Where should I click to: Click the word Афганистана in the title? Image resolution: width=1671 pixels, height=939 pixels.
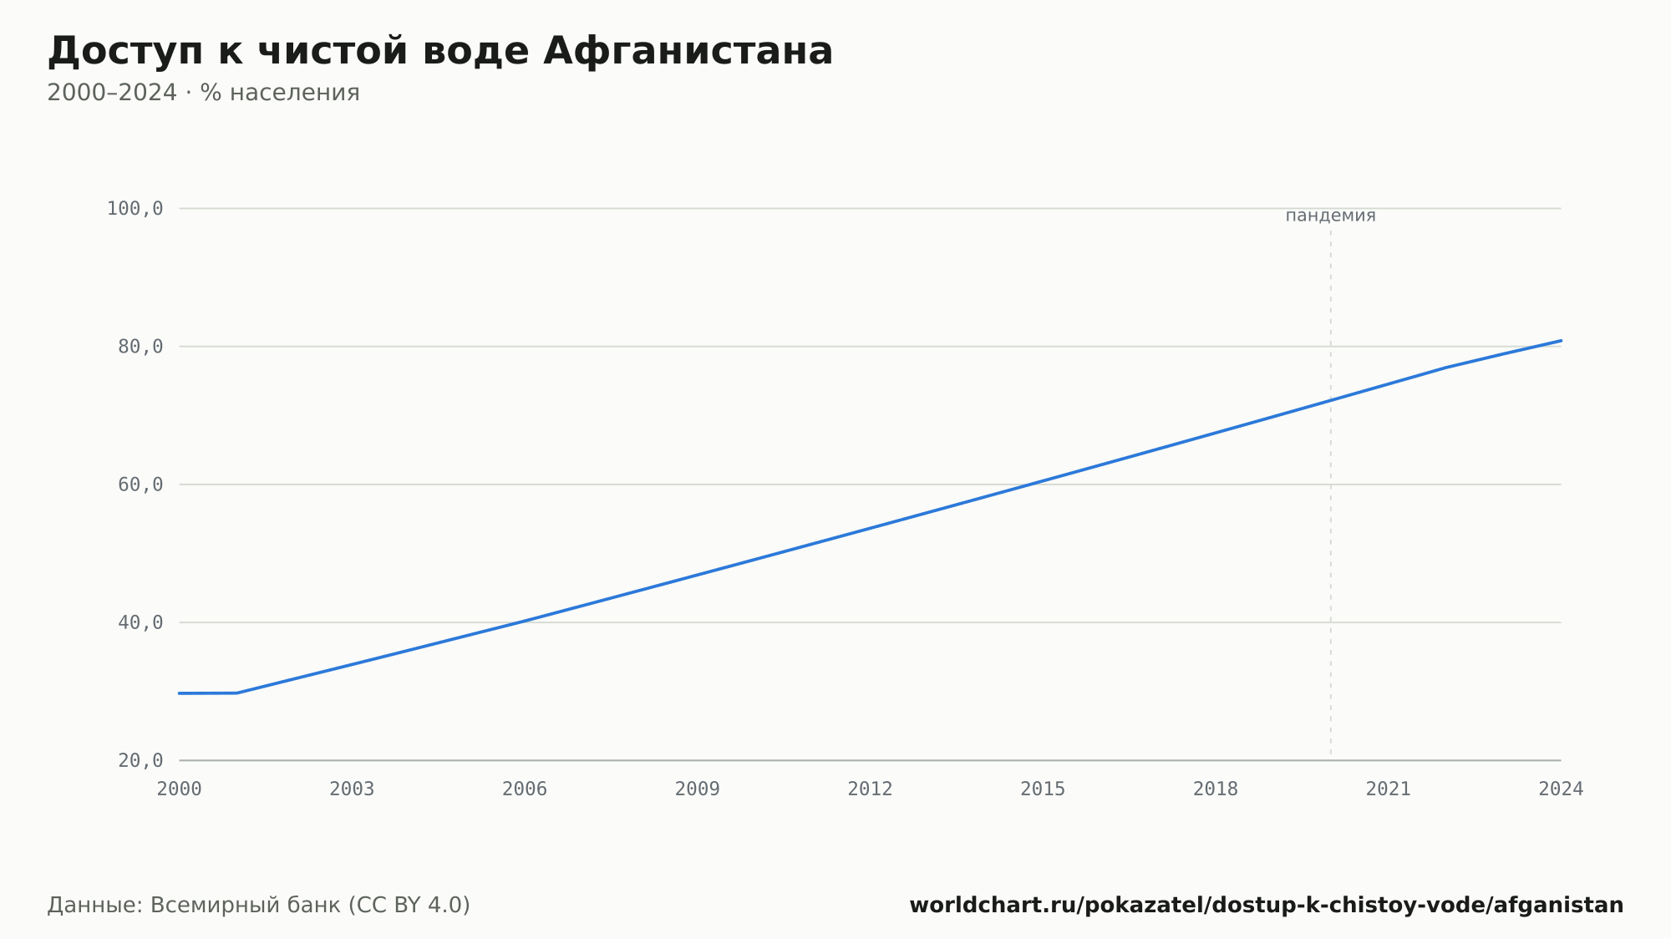coord(688,51)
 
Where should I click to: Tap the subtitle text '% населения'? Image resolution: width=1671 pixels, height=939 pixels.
coord(280,93)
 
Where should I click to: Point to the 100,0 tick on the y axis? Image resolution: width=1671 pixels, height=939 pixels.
coord(135,209)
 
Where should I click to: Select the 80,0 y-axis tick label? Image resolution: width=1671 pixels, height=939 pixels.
coord(140,347)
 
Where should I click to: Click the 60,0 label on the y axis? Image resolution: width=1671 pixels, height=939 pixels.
coord(140,485)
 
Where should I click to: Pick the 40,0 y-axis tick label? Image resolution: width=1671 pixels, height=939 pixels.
coord(140,622)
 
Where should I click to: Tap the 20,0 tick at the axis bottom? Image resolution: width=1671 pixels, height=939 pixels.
coord(140,760)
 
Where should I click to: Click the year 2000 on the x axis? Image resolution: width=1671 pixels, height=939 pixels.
coord(180,789)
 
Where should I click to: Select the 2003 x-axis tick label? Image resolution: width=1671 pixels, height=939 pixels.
coord(352,789)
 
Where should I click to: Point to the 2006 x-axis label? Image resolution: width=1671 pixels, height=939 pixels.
coord(525,789)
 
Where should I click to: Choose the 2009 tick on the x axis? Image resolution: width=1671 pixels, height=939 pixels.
coord(698,789)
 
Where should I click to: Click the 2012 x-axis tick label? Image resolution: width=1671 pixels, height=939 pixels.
coord(871,789)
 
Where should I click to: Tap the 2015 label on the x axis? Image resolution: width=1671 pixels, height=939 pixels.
coord(1043,789)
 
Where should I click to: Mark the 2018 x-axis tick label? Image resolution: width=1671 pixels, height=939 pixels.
coord(1216,789)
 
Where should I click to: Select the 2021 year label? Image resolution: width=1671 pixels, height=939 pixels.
coord(1389,789)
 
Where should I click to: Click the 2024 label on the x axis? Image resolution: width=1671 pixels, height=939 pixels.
coord(1561,789)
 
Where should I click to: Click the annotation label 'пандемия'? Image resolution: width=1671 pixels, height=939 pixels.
coord(1330,216)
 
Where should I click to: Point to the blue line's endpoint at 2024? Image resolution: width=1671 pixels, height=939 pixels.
coord(1561,341)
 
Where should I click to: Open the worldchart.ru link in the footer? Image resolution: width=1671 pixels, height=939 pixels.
coord(1267,906)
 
